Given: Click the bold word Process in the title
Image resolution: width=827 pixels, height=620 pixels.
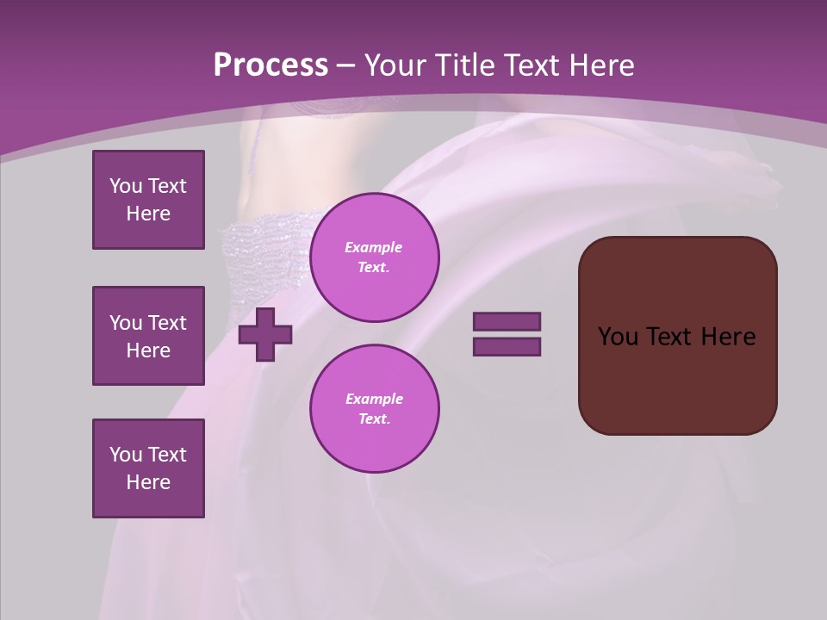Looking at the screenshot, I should click(x=270, y=65).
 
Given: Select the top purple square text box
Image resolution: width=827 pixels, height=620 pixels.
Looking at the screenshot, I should click(x=148, y=200).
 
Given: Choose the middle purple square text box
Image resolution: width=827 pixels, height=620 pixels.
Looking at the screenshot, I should click(x=148, y=336).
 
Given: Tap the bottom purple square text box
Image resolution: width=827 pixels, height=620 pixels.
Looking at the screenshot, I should click(x=148, y=468).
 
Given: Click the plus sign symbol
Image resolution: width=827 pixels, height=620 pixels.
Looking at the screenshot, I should click(x=265, y=334).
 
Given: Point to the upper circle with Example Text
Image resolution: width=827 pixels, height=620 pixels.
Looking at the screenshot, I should click(x=375, y=257).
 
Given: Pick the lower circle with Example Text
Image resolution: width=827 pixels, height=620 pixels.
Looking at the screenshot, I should click(x=375, y=409).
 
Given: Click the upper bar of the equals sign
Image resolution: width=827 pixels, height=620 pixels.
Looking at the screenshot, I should click(x=507, y=321).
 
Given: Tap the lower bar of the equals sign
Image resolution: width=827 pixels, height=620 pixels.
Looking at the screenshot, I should click(x=507, y=346).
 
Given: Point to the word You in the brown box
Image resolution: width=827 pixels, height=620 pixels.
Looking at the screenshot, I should click(x=618, y=337).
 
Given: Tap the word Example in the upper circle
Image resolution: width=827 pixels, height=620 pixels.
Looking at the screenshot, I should click(x=374, y=247).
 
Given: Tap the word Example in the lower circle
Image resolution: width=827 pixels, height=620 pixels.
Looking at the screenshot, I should click(x=374, y=399).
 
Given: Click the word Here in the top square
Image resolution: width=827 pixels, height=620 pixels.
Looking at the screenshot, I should click(x=148, y=214).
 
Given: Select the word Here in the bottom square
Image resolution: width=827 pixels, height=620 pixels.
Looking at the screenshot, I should click(x=148, y=482).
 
